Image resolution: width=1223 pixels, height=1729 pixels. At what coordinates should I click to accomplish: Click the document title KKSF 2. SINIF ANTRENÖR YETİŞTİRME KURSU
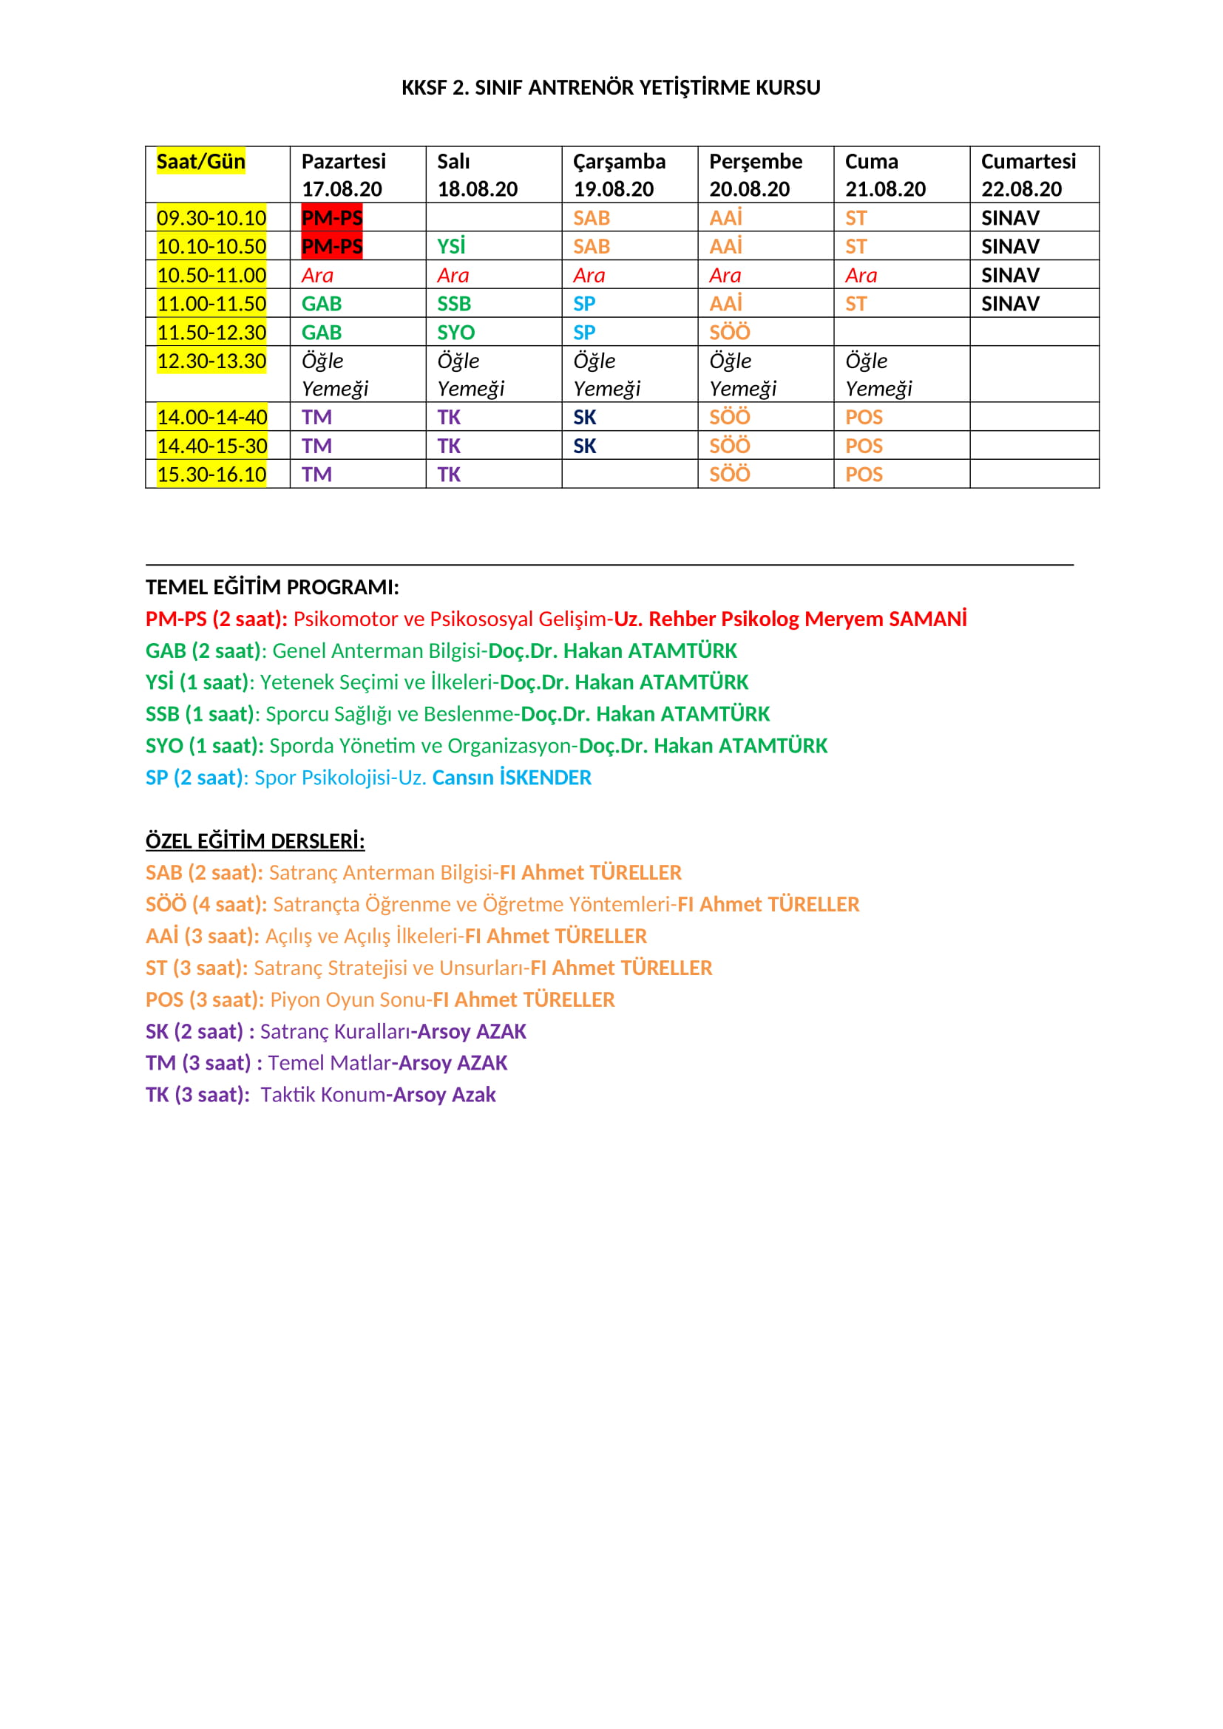point(611,87)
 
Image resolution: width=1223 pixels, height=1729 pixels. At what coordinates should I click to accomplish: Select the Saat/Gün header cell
point(200,162)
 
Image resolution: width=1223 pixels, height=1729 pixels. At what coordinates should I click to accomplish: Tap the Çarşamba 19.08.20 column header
point(619,174)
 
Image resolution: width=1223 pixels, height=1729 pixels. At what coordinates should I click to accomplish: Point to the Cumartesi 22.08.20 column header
point(1028,174)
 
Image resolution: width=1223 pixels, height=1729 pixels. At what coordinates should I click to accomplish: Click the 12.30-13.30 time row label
point(211,361)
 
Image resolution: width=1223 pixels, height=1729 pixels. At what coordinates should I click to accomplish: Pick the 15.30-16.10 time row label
point(211,475)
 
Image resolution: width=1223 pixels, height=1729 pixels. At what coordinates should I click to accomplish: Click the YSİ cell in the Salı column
point(452,246)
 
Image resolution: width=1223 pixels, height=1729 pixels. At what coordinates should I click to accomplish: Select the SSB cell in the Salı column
point(454,304)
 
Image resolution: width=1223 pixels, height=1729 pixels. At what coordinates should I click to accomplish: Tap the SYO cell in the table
point(455,332)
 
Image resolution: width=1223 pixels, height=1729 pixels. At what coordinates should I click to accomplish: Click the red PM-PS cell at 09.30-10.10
point(332,217)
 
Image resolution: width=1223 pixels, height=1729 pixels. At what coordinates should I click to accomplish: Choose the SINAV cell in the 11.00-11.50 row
point(1010,304)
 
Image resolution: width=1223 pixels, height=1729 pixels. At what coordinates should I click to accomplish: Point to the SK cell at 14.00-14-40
point(584,417)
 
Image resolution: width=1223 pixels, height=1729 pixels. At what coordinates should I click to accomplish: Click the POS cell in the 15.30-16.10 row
point(864,475)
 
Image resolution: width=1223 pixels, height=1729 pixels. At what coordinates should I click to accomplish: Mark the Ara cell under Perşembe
point(725,276)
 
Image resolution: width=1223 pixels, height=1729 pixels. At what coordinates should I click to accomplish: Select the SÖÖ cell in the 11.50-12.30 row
point(730,332)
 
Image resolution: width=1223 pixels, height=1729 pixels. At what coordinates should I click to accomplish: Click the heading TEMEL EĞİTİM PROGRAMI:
point(272,587)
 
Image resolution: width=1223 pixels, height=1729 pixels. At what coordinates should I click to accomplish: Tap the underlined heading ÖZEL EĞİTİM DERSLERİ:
point(254,840)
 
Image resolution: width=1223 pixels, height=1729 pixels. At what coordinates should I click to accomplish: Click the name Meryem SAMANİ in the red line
point(886,619)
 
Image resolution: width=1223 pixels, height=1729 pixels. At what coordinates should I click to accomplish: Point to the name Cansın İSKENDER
point(512,777)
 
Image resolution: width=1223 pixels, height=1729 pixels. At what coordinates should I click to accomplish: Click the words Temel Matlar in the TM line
point(329,1062)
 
